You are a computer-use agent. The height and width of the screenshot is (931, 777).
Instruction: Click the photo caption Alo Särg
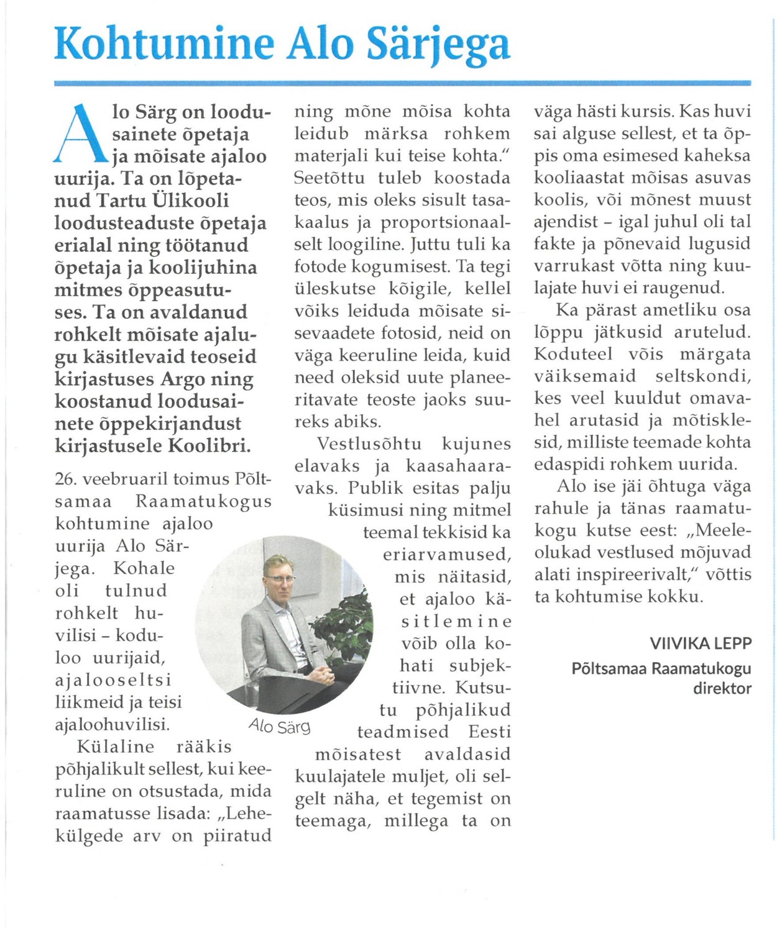tap(279, 725)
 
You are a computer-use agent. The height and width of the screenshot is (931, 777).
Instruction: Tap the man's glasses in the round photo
tap(280, 578)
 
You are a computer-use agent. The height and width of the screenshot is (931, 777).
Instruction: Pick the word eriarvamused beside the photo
tap(447, 555)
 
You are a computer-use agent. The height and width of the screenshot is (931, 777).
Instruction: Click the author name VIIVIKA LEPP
tap(701, 643)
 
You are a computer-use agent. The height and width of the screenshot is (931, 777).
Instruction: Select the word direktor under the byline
tap(722, 688)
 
